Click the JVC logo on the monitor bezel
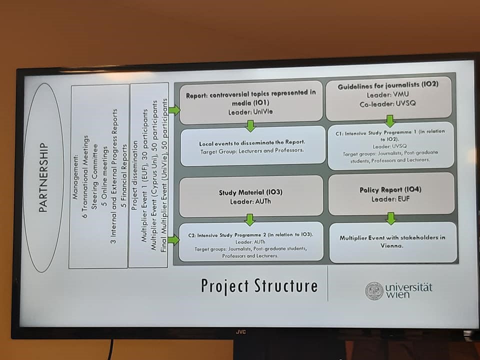point(240,332)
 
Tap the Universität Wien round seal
point(374,291)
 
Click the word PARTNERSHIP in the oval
point(43,177)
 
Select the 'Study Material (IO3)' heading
point(250,192)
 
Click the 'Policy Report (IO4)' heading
point(390,190)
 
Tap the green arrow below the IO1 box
point(250,126)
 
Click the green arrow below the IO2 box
point(389,121)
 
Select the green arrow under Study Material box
point(250,220)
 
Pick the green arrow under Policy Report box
point(390,218)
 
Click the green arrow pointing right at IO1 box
point(174,110)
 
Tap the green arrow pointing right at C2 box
point(173,239)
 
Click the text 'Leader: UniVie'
point(250,112)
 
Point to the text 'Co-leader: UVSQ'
point(387,104)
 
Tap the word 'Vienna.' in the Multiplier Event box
point(392,245)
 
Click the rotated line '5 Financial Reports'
point(124,176)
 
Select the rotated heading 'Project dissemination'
point(134,175)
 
